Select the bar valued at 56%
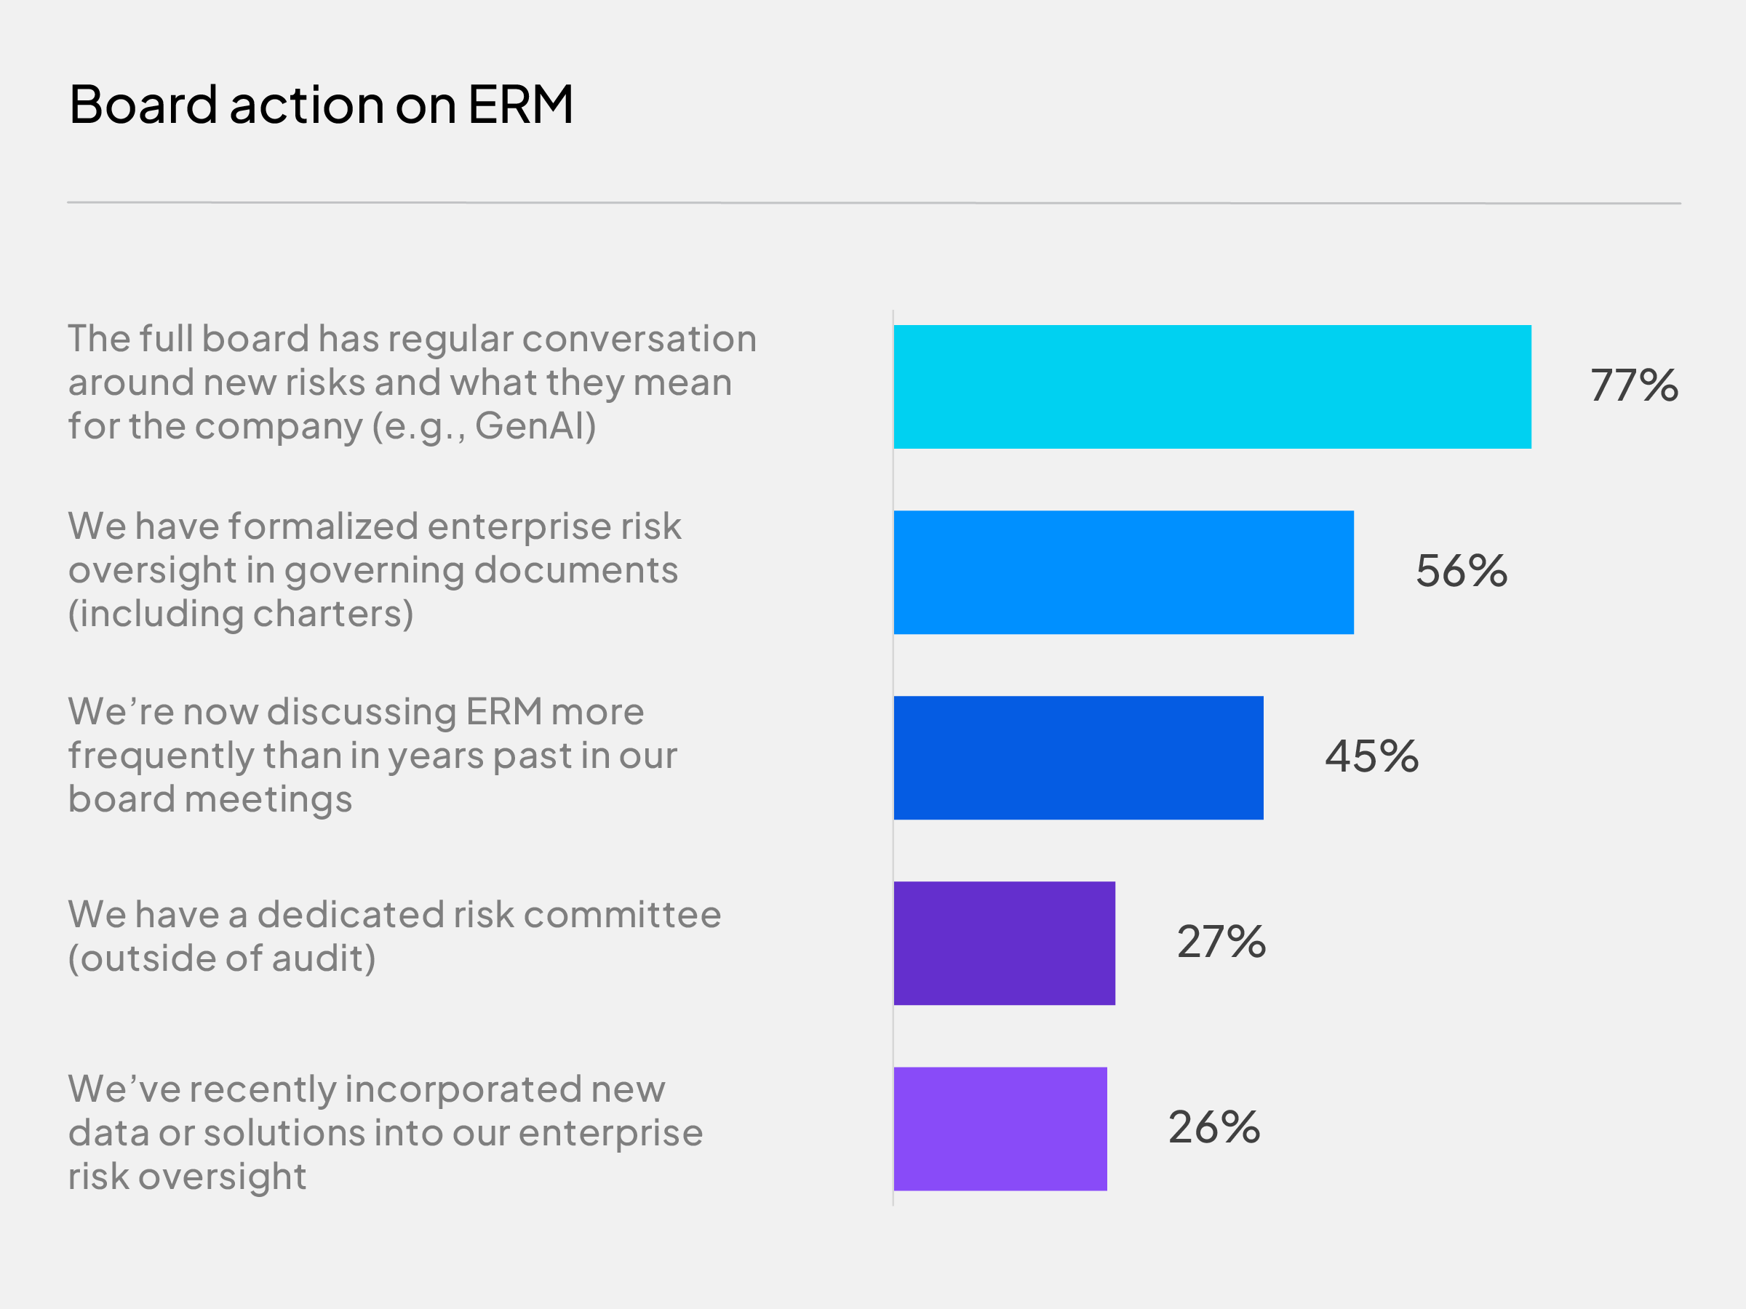point(1123,572)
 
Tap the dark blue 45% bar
point(1078,758)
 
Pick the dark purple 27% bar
point(1004,943)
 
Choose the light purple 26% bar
point(1000,1129)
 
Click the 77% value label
point(1634,386)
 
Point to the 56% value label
point(1461,572)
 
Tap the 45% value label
point(1372,757)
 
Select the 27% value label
point(1221,942)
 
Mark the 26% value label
point(1214,1127)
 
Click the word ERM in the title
point(520,104)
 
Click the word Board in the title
point(143,104)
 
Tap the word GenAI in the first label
point(535,426)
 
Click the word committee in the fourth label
point(622,916)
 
